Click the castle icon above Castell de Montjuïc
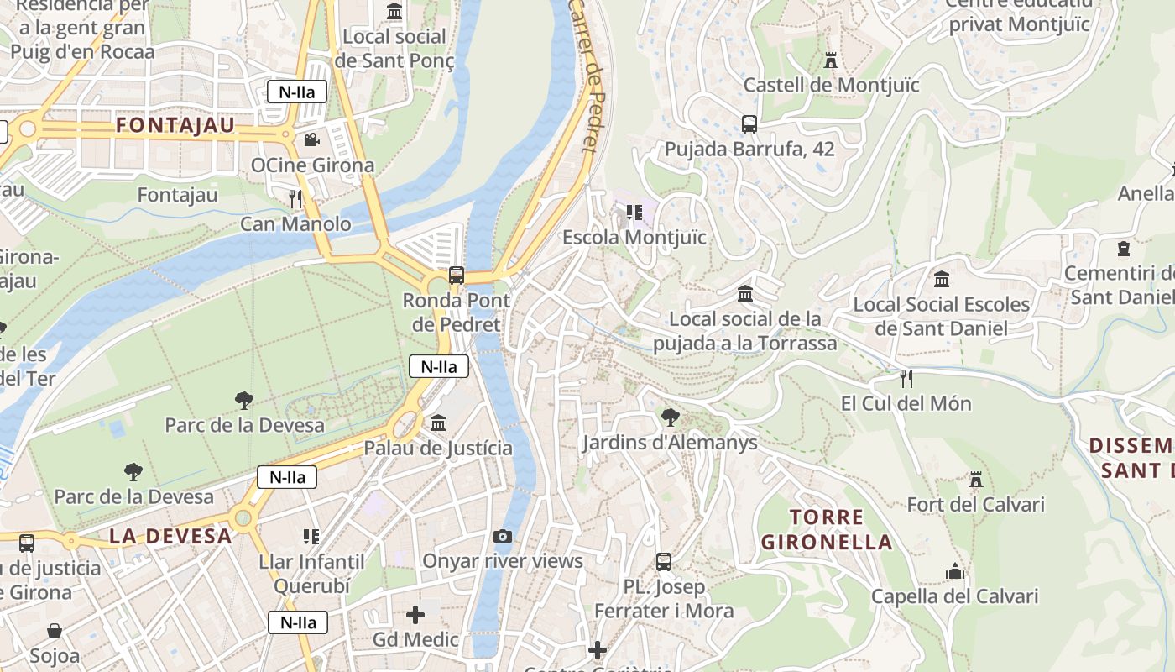[831, 60]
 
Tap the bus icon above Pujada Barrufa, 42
[749, 124]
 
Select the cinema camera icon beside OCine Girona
[311, 139]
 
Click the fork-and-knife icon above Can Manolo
[295, 198]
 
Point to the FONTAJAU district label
[175, 126]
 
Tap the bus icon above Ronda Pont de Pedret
[456, 275]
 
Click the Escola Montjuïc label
[634, 238]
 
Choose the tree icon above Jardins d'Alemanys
[670, 417]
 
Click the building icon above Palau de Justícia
[437, 423]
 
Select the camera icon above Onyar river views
[503, 536]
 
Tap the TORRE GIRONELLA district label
[827, 529]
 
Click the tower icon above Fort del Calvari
[975, 480]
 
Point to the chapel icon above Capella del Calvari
[954, 572]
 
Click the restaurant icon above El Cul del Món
[906, 379]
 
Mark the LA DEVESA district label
[170, 536]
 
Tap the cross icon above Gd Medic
[415, 615]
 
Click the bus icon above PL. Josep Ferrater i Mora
[664, 561]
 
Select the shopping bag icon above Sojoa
[55, 631]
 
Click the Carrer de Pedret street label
[585, 76]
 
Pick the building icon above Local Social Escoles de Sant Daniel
[942, 279]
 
